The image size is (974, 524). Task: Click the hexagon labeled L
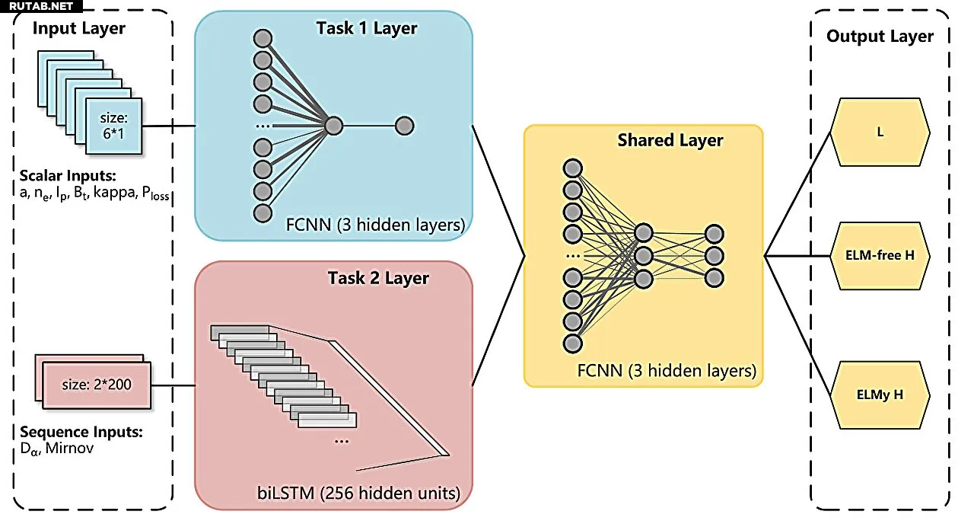point(880,132)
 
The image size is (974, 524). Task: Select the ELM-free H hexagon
point(880,256)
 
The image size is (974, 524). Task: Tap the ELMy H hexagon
point(880,395)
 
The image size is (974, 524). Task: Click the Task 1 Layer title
point(366,28)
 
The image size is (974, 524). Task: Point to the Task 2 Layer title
point(378,278)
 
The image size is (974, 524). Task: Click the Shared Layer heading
point(670,140)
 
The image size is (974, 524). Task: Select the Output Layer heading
point(880,36)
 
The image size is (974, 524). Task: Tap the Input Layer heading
point(78,28)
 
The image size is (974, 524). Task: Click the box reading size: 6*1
point(114,126)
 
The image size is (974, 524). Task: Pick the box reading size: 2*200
point(97,385)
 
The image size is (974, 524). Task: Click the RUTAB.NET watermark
point(41,6)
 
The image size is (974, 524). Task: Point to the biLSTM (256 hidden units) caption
point(358,493)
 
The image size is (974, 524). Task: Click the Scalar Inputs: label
point(68,176)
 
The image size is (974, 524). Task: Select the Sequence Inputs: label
point(81,432)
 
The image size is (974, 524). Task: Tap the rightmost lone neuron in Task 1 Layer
point(404,126)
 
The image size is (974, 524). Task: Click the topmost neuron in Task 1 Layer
point(263,38)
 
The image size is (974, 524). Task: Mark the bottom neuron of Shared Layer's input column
point(573,343)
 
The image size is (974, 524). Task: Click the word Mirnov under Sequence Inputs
point(69,448)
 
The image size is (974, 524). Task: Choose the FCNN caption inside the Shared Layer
point(667,371)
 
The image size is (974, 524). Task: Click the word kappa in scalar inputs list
point(114,192)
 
